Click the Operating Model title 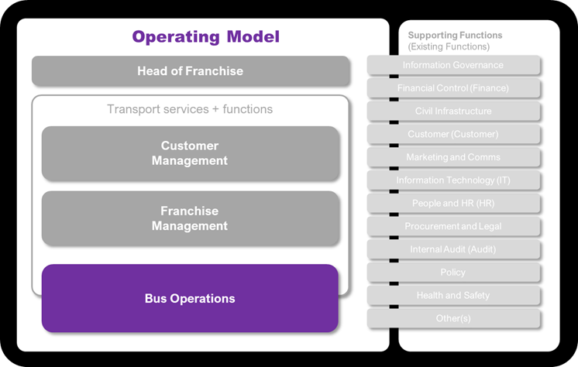[205, 36]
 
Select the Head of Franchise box [190, 71]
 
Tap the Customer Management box [190, 153]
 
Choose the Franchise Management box [190, 218]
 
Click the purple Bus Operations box [190, 298]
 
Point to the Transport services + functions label [190, 109]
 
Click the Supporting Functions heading [455, 35]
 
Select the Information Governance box [453, 65]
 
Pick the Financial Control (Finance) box [453, 88]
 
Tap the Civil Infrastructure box [453, 111]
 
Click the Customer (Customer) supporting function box [453, 134]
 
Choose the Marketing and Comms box [453, 157]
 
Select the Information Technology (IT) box [453, 180]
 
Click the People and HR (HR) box [453, 203]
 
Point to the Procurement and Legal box [453, 226]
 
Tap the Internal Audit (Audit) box [453, 249]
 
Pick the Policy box [453, 273]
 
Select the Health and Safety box [453, 295]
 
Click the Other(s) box [453, 318]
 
